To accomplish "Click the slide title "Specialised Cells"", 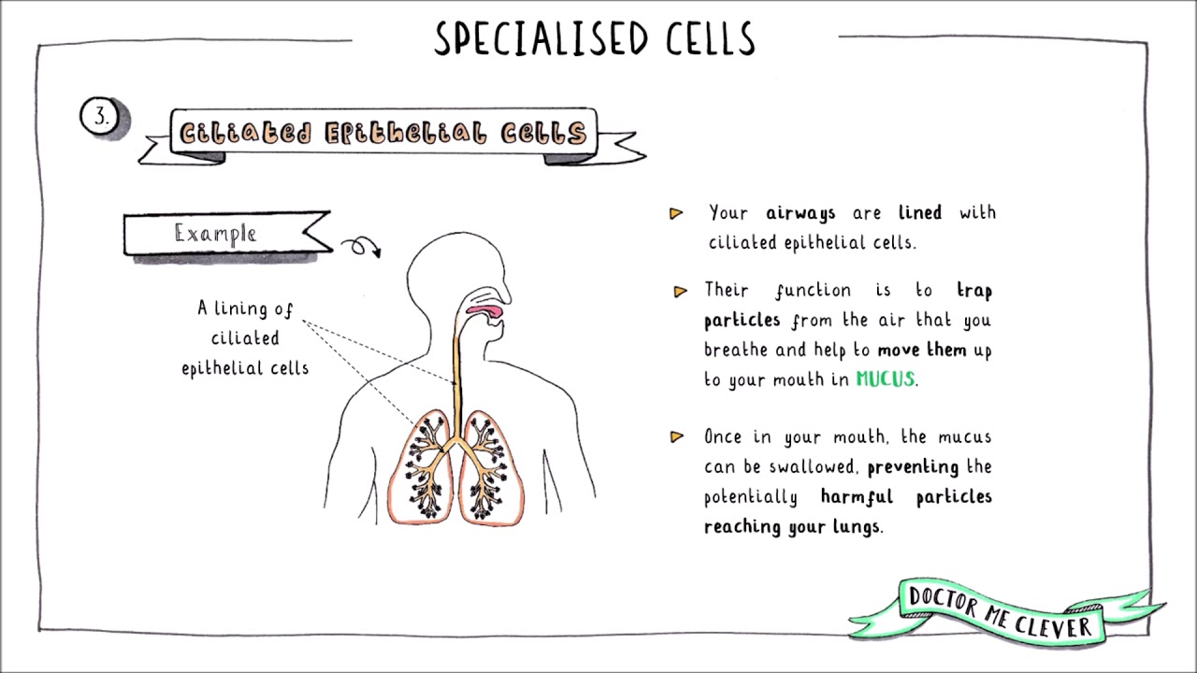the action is coord(595,39).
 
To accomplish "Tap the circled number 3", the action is coord(100,118).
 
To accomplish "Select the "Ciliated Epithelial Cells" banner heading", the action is coord(383,134).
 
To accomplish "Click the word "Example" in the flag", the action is coord(215,234).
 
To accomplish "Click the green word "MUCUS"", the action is coord(885,379).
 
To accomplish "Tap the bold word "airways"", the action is coord(800,213).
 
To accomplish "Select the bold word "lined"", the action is coord(920,213).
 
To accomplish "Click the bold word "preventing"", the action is coord(913,466).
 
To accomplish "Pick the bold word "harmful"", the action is coord(857,496).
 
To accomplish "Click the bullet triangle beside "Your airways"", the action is coord(676,214).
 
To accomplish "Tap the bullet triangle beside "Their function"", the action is coord(680,292).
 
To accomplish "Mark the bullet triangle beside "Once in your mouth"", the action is coord(677,437).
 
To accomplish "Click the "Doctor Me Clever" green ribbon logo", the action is coord(1000,612).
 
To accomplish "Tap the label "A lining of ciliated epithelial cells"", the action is coord(245,337).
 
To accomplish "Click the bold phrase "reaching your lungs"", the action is coord(792,526).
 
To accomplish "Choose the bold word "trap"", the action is coord(973,291).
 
